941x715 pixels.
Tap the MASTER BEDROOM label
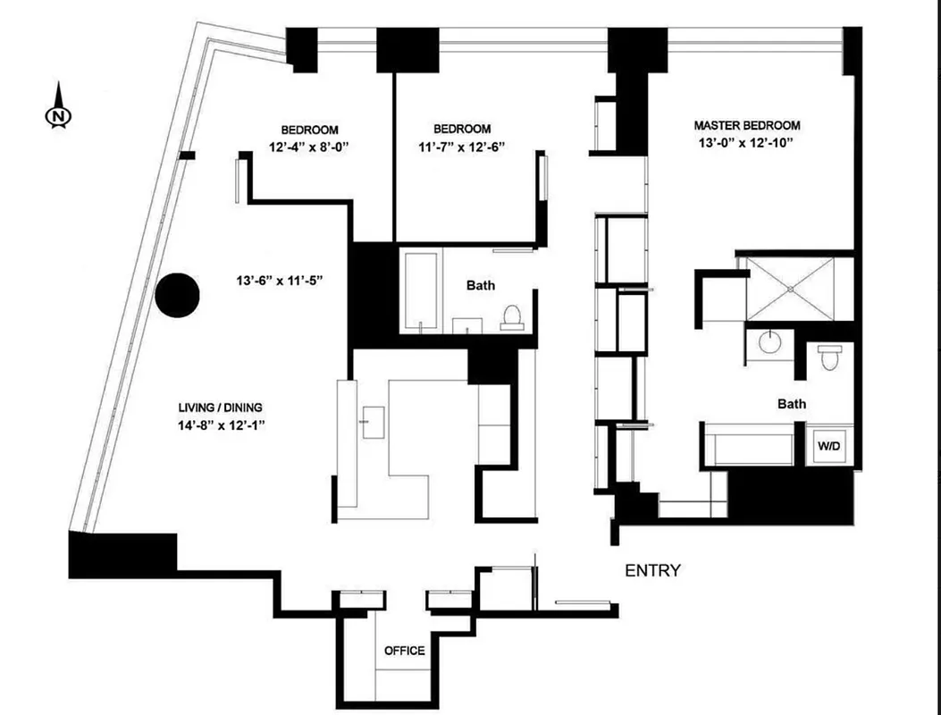click(x=747, y=126)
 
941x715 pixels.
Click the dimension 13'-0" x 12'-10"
click(x=747, y=143)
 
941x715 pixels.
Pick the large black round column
click(x=178, y=294)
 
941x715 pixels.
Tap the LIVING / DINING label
click(x=221, y=409)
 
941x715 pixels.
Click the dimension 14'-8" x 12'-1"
click(x=221, y=426)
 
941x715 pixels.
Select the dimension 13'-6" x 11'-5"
click(x=279, y=281)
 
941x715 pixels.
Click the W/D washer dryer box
click(x=829, y=445)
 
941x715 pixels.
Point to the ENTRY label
click(x=652, y=571)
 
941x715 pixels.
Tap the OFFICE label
click(x=404, y=651)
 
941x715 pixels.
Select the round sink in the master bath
click(x=769, y=341)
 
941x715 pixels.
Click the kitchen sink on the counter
click(x=372, y=417)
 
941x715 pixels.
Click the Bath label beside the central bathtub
click(x=481, y=286)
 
